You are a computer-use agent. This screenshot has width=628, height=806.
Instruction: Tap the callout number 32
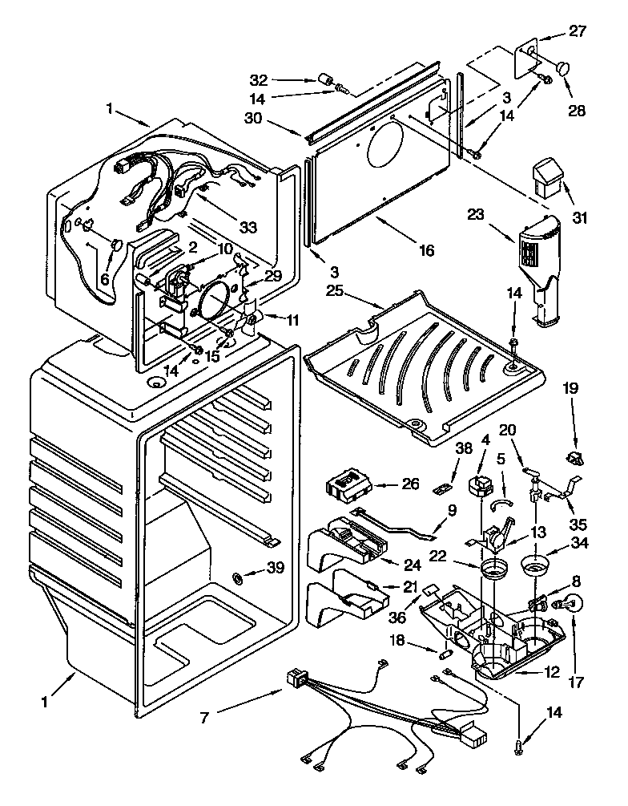point(258,79)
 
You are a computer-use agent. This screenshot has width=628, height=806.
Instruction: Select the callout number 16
point(426,251)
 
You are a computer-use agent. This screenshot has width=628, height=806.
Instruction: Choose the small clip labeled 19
point(575,458)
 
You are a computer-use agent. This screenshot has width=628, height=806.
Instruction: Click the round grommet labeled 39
point(239,577)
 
